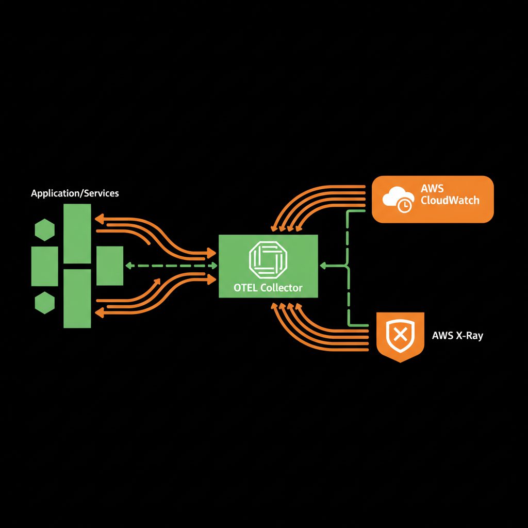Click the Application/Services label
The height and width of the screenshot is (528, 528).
(x=75, y=194)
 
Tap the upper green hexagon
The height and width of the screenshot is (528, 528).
(x=44, y=230)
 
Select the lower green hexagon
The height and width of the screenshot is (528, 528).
(x=44, y=303)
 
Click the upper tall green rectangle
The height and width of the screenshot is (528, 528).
(x=77, y=233)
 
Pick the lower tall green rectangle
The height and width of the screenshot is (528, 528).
(x=77, y=299)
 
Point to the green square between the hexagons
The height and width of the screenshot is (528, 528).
(x=44, y=266)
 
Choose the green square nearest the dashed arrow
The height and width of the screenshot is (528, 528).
(x=110, y=266)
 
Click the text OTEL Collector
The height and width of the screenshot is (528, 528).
(x=268, y=288)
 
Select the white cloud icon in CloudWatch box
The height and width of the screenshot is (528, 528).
(x=398, y=196)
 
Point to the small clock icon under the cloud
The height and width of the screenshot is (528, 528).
(x=405, y=206)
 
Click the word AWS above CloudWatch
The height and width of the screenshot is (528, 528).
(x=432, y=189)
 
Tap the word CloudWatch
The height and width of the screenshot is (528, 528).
(x=450, y=200)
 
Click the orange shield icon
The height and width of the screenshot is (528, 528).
(x=401, y=336)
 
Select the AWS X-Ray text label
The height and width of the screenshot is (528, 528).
(x=457, y=336)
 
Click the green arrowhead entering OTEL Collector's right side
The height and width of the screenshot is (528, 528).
(x=323, y=266)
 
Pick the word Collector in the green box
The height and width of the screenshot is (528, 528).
(x=282, y=288)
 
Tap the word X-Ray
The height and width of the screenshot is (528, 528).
(x=469, y=336)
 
